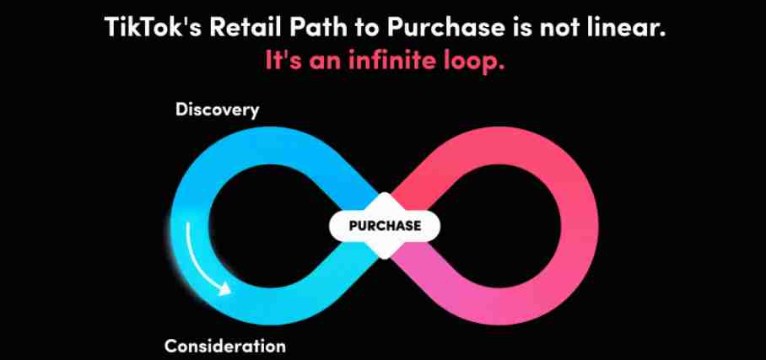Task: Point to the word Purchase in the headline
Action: pyautogui.click(x=445, y=27)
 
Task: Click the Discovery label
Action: pyautogui.click(x=217, y=110)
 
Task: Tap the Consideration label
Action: pyautogui.click(x=224, y=347)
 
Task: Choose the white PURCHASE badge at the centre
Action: pyautogui.click(x=385, y=226)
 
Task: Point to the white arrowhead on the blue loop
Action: pyautogui.click(x=224, y=289)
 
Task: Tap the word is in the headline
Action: pyautogui.click(x=521, y=27)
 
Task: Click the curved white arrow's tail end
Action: pyautogui.click(x=187, y=223)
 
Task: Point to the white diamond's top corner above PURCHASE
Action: pyautogui.click(x=385, y=192)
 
